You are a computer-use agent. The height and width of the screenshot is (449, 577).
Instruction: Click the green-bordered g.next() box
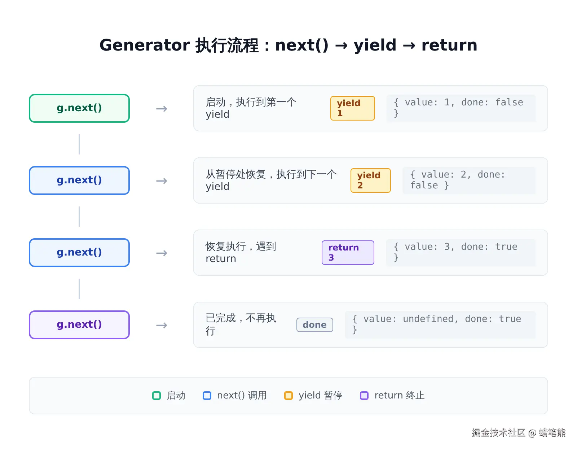click(79, 108)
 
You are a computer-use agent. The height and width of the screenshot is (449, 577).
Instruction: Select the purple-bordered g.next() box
click(79, 325)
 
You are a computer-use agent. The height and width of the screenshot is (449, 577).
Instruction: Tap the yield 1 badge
click(352, 108)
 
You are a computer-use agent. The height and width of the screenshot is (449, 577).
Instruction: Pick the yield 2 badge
click(370, 180)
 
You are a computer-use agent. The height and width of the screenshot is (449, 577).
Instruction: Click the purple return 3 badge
click(348, 253)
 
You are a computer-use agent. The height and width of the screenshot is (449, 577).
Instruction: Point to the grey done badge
click(315, 325)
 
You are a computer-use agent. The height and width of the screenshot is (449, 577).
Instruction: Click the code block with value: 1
click(461, 108)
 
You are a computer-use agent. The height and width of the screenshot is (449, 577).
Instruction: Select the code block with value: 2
click(469, 180)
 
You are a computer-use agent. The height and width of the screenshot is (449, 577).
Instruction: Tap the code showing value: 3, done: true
click(461, 253)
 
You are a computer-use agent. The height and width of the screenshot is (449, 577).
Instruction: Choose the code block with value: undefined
click(440, 325)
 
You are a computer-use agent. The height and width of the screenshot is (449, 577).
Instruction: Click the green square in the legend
click(157, 395)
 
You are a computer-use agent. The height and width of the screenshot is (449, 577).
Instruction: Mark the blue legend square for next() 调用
click(207, 395)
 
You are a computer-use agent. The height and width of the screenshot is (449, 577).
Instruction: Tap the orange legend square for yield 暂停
click(288, 395)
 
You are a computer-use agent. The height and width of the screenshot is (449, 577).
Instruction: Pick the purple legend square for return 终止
click(364, 395)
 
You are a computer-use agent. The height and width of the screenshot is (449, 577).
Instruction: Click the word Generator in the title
click(145, 45)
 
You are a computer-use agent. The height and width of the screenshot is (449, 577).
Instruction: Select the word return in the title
click(449, 45)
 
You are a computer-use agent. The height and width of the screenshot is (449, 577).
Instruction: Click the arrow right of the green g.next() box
click(162, 109)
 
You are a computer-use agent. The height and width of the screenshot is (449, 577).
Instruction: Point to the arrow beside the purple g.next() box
click(162, 325)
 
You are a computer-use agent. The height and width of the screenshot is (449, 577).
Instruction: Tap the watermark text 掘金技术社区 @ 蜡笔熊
click(518, 432)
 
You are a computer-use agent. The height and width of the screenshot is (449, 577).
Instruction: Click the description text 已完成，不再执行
click(241, 324)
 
